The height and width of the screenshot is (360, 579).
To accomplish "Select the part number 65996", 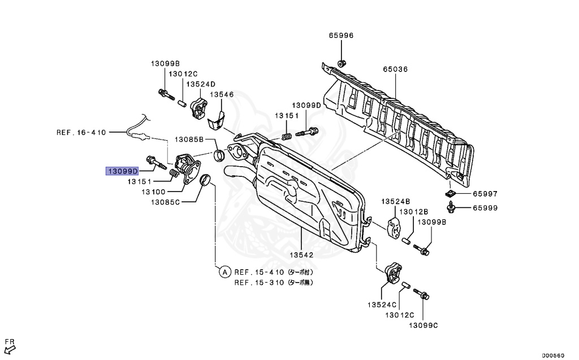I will click(341, 36).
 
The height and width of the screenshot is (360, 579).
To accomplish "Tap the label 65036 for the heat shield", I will click(395, 70).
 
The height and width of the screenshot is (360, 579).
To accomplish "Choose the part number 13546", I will click(222, 95).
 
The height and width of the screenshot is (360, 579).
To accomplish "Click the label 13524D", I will click(201, 84).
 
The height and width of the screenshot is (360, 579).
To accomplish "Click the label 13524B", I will click(395, 201).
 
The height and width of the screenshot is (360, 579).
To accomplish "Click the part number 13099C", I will click(424, 326).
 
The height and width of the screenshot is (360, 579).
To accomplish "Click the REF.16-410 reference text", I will click(81, 133).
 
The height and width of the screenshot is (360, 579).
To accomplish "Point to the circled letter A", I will click(224, 272).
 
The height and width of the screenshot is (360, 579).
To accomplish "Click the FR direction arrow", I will click(9, 345).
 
